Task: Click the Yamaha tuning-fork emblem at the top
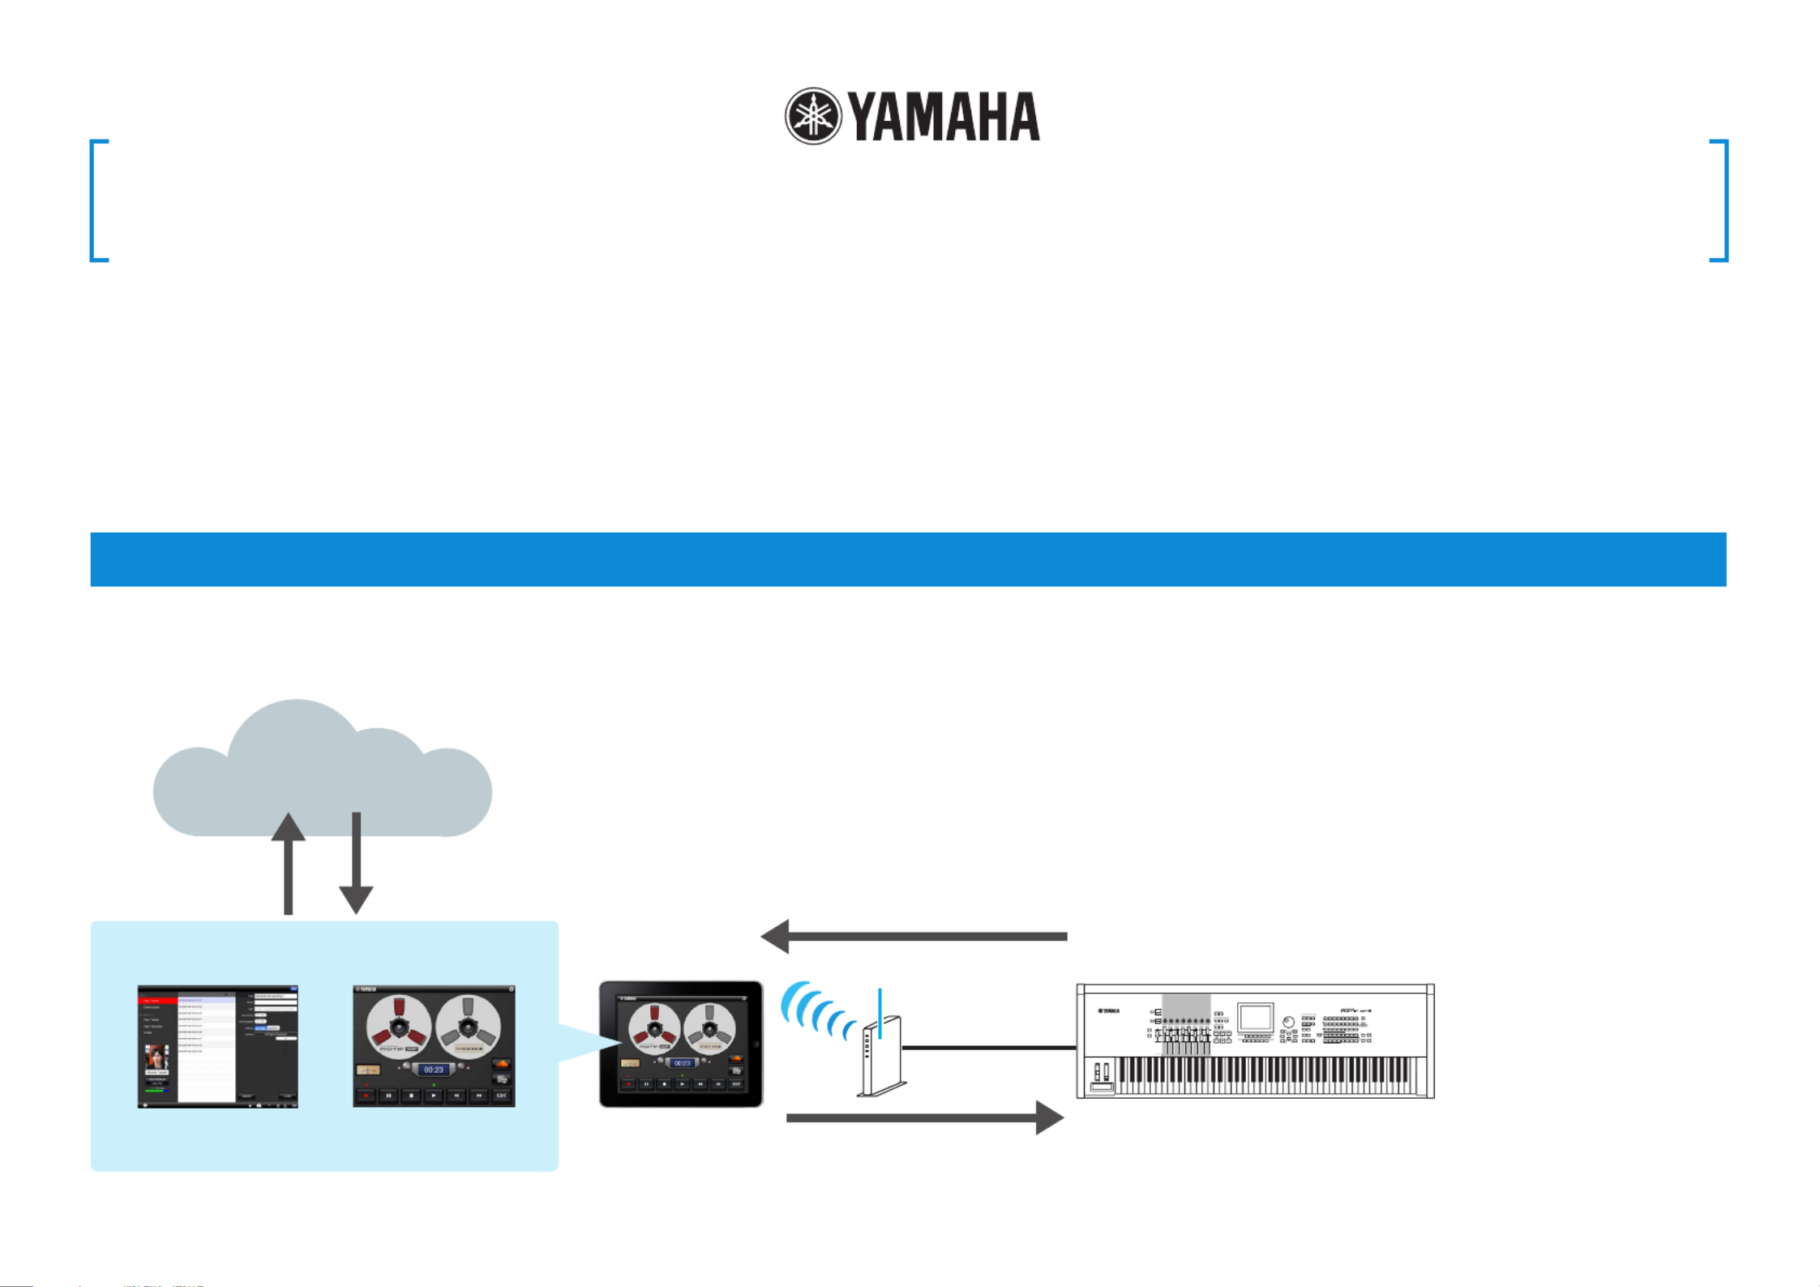[x=813, y=116]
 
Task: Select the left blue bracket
[x=96, y=200]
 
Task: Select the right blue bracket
[x=1721, y=200]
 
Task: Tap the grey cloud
[x=322, y=770]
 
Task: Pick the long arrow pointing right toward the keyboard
[x=925, y=1118]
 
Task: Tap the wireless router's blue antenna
[x=880, y=1013]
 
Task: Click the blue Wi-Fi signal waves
[x=815, y=1010]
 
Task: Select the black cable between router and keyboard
[x=989, y=1048]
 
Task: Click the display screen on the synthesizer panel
[x=1255, y=1018]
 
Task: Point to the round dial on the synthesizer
[x=1288, y=1022]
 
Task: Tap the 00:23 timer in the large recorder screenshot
[x=434, y=1070]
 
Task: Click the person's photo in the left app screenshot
[x=156, y=1057]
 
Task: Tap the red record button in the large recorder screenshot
[x=366, y=1096]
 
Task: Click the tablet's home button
[x=756, y=1045]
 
